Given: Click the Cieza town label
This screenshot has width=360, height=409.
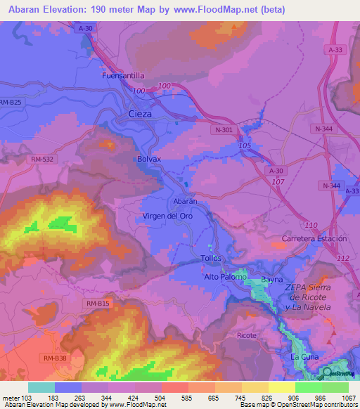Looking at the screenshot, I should point(141,114).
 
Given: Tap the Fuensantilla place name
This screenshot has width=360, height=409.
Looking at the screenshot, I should point(123,74).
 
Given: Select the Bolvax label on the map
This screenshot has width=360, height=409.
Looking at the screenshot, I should point(149,160).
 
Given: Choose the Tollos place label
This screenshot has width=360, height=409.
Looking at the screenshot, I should point(211,258).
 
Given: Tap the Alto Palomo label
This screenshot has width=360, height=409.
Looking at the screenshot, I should point(225,277).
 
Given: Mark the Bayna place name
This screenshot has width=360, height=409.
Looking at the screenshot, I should point(271,279).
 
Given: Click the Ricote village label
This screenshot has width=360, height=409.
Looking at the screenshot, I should point(247,335).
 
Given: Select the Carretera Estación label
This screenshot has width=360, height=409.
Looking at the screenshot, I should point(314,239).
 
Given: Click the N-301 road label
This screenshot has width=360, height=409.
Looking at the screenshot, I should point(224,130).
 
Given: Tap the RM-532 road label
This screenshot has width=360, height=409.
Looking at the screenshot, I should point(43,160).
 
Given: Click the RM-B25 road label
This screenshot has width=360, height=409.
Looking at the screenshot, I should point(11,103).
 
